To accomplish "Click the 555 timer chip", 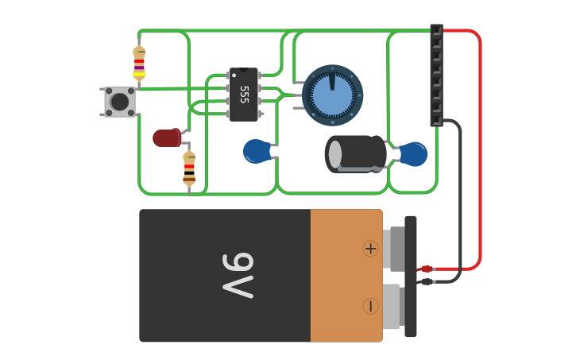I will (x=244, y=95).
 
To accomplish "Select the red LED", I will (x=166, y=138).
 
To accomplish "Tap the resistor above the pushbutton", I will (x=139, y=63).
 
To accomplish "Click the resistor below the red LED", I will (x=189, y=168).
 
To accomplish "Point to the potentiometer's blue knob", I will (x=332, y=96).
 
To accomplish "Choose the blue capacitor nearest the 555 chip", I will (x=257, y=151).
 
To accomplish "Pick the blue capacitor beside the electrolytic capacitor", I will (x=413, y=154).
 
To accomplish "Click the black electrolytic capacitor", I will (x=356, y=153).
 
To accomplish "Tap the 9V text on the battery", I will (x=238, y=276).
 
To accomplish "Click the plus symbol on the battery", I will (x=371, y=249).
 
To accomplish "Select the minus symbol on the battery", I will (x=371, y=306).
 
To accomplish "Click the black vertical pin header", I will (x=436, y=75).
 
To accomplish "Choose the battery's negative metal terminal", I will (x=391, y=307).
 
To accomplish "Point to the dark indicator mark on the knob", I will (x=331, y=80).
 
